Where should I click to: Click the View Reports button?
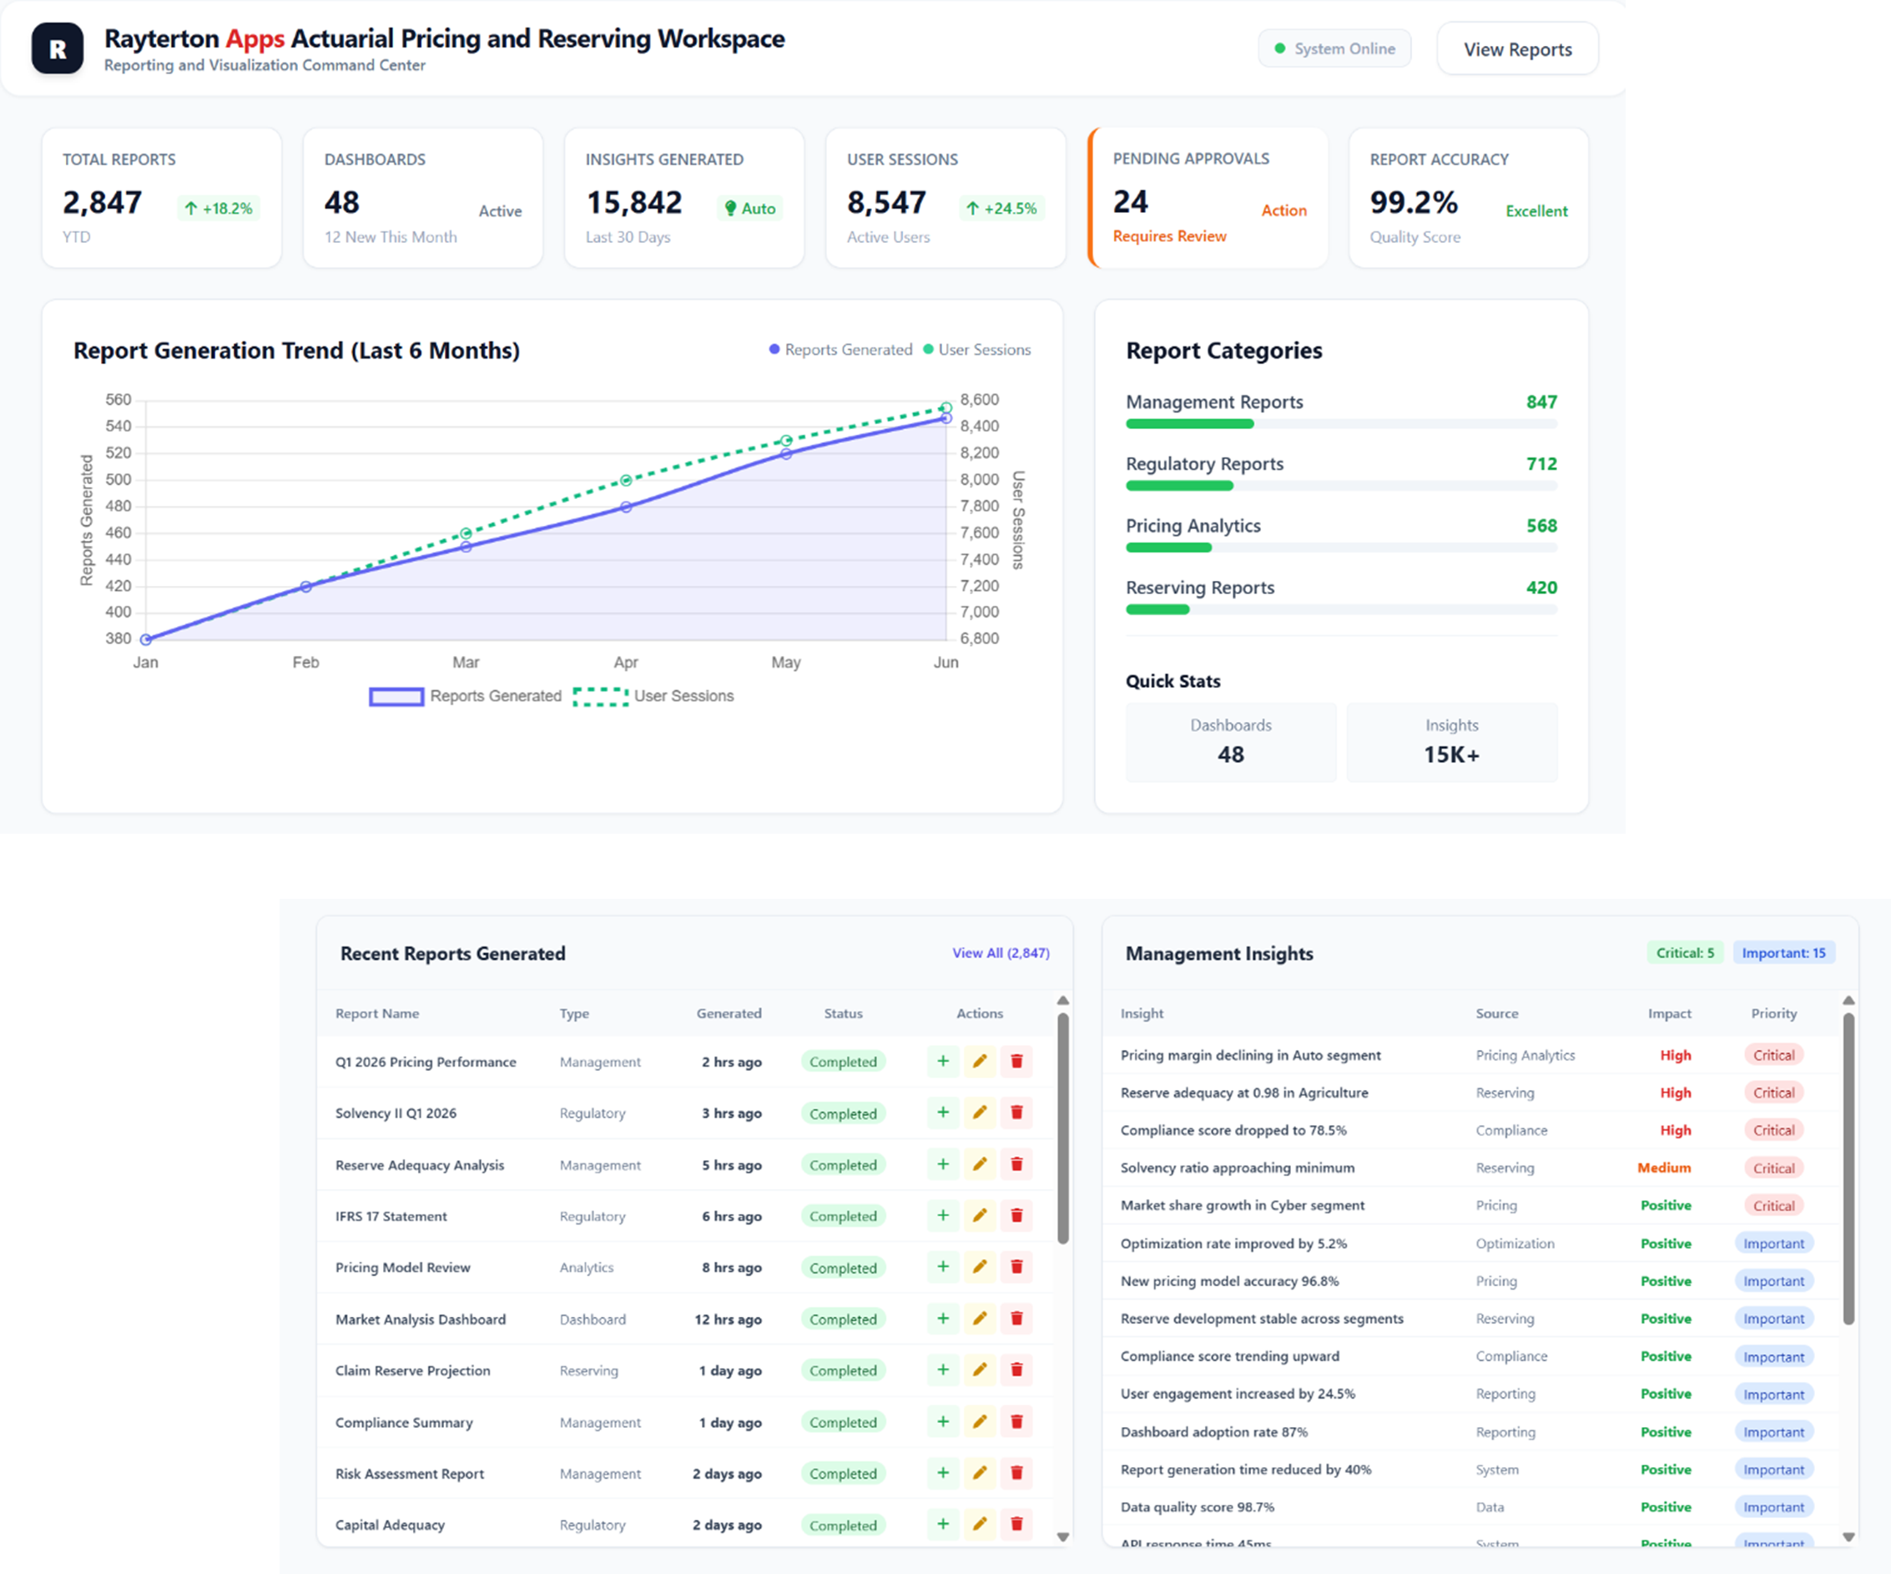pos(1517,49)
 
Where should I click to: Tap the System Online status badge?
pos(1334,48)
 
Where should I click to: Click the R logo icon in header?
pos(58,48)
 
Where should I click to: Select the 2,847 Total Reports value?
pos(102,203)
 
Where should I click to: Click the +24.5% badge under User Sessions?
pos(1001,209)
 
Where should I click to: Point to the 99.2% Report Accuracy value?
pos(1413,203)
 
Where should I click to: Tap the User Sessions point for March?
pos(466,534)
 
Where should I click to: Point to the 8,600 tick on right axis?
pos(979,400)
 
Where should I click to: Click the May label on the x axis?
pos(785,663)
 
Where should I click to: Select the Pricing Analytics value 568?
pos(1541,526)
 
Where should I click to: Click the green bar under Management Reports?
pos(1188,424)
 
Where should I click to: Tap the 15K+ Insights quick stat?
pos(1450,754)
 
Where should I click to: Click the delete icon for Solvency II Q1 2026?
pos(1016,1113)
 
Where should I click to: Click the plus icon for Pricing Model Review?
pos(943,1267)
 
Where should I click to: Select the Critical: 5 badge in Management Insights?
pos(1685,953)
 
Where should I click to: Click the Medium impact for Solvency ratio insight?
pos(1663,1168)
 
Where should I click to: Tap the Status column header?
pos(843,1014)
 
